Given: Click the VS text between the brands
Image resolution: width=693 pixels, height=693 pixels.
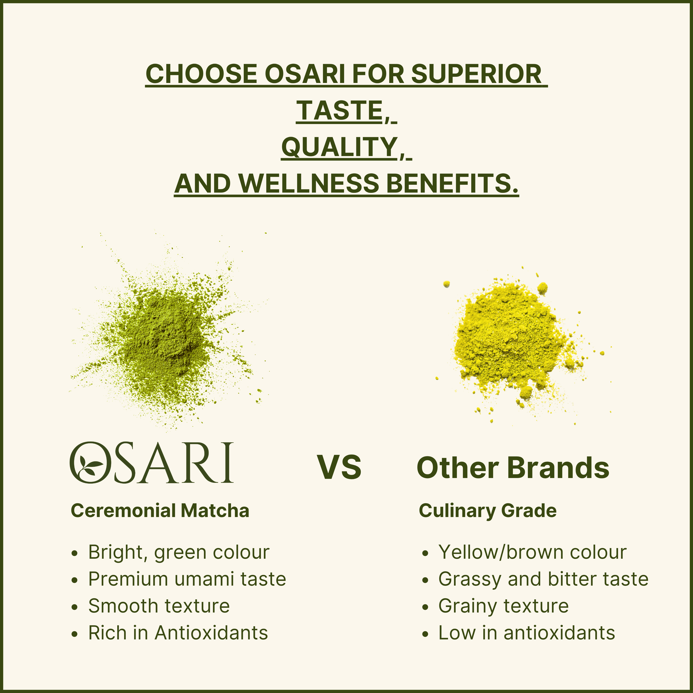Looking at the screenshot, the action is pyautogui.click(x=339, y=467).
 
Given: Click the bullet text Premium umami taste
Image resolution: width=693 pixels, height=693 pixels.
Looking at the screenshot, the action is pyautogui.click(x=187, y=579).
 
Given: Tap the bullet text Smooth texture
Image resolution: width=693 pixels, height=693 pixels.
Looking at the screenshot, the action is pyautogui.click(x=159, y=606).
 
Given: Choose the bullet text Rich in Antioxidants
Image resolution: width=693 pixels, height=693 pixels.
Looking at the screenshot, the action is pyautogui.click(x=178, y=633).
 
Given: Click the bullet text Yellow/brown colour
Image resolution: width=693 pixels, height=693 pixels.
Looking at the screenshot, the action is pyautogui.click(x=532, y=552).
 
